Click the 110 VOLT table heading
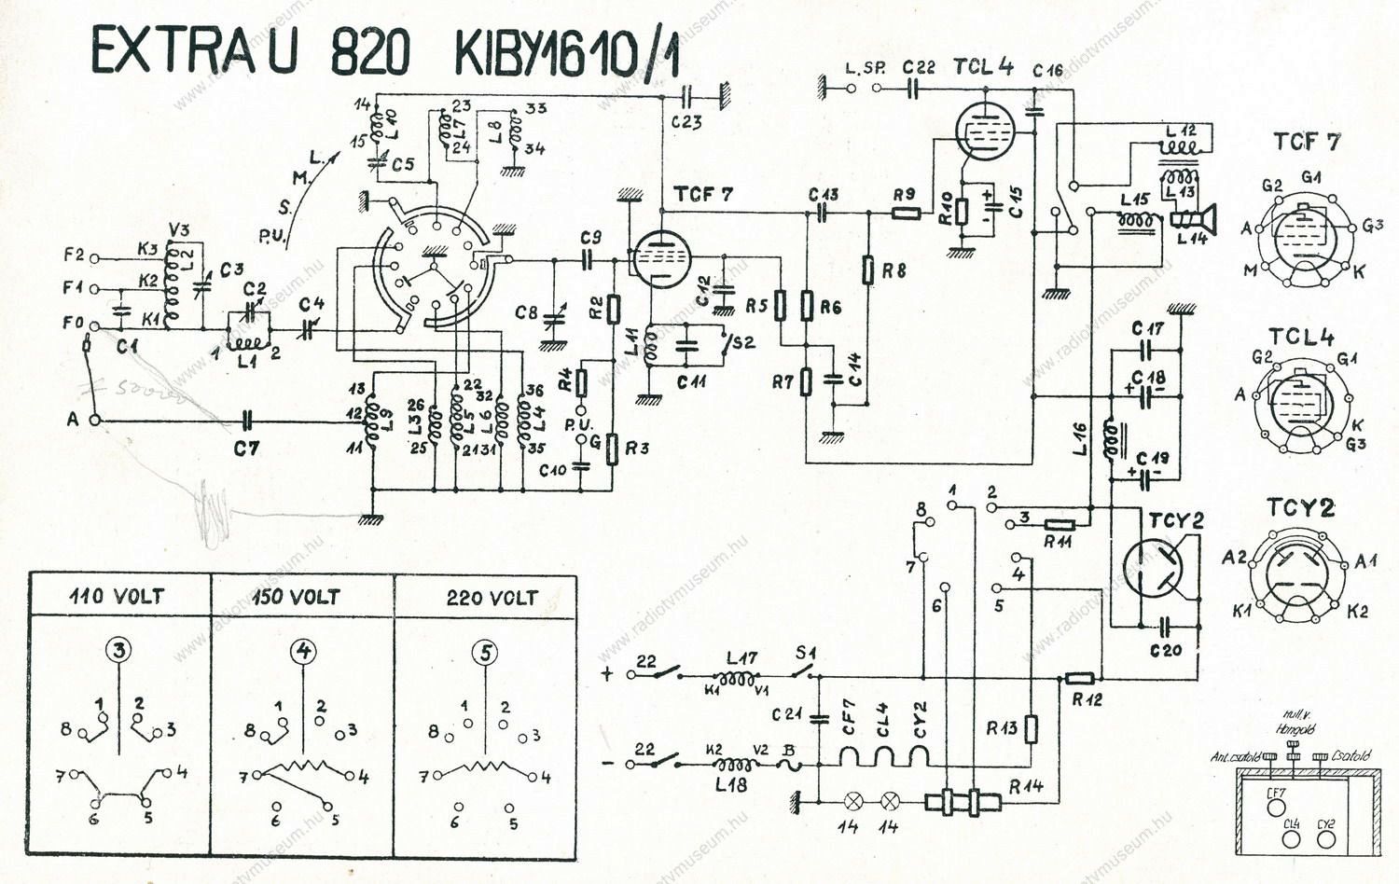point(117,597)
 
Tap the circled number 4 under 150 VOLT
point(304,652)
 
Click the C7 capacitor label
point(246,449)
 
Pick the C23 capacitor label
point(686,121)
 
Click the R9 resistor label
point(903,195)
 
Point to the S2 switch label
point(743,342)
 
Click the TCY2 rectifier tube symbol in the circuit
point(1153,568)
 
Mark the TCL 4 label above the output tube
point(982,66)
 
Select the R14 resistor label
point(1026,787)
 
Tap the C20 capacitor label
point(1166,650)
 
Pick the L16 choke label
point(1079,439)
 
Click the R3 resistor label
point(637,449)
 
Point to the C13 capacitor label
point(824,194)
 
